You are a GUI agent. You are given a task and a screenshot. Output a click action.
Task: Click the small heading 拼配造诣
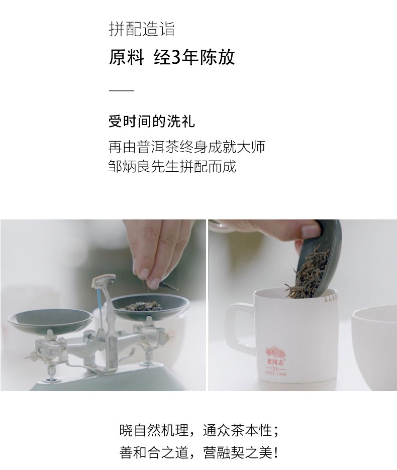pos(141,29)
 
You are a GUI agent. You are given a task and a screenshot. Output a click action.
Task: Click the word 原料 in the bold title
pos(126,57)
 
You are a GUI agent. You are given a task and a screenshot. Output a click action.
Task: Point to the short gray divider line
pos(121,90)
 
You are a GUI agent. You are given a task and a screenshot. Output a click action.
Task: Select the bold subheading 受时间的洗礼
pos(152,122)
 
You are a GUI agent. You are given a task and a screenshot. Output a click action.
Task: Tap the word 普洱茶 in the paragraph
pos(158,147)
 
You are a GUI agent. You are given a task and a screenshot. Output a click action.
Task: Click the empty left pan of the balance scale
pos(50,322)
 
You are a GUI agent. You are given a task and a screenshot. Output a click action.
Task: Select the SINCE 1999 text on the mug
pos(276,374)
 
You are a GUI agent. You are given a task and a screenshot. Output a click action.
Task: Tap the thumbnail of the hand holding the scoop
pos(311,231)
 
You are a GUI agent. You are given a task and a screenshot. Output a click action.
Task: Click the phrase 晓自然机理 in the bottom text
pos(154,430)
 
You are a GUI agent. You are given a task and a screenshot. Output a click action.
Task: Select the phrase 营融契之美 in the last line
pos(238,452)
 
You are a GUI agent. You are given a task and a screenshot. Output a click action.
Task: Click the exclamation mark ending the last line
pos(276,452)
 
